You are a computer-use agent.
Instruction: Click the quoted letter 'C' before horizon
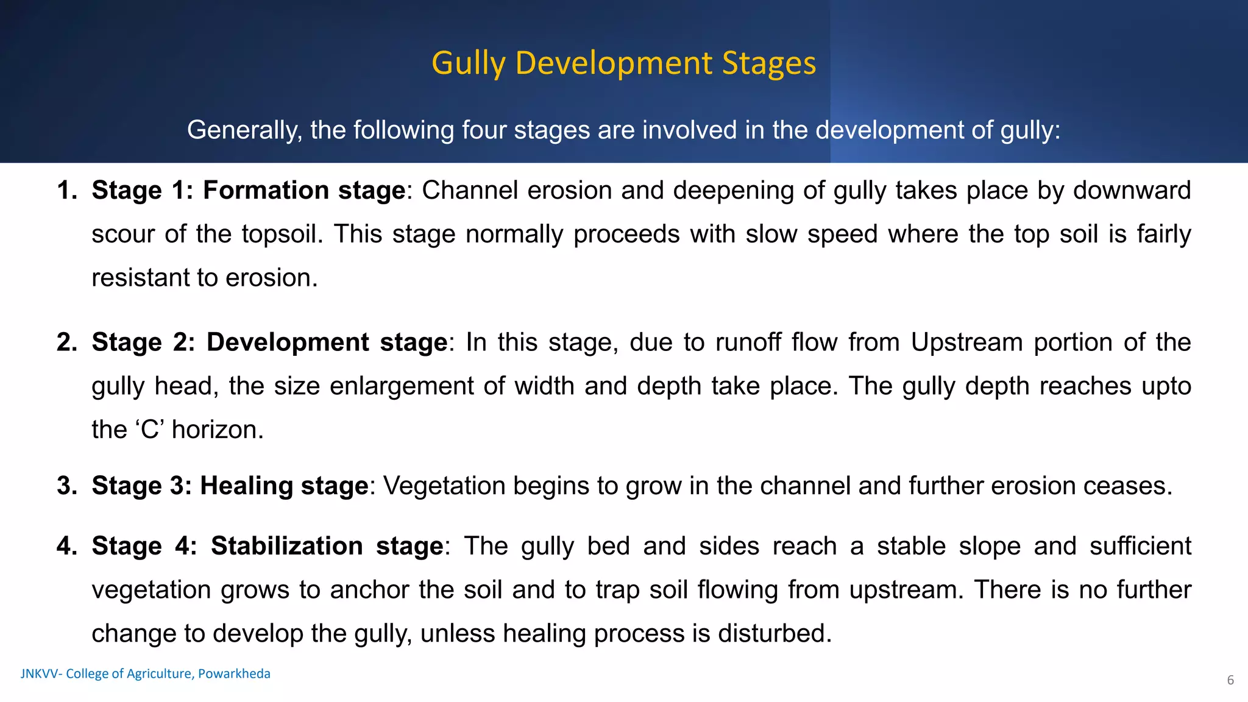[149, 430]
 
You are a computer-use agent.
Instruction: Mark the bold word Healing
[246, 486]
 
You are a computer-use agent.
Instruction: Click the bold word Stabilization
[286, 546]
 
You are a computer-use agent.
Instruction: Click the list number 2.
[66, 342]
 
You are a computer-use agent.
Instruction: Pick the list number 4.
[66, 546]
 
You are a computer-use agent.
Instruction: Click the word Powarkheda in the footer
[234, 674]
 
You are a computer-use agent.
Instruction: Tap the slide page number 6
[1230, 680]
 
